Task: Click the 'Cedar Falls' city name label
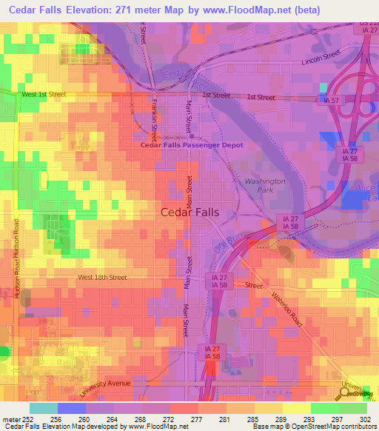190,212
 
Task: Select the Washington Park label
264,185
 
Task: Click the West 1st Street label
44,95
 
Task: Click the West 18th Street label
102,278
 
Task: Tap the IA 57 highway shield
332,99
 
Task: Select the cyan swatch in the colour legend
43,408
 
